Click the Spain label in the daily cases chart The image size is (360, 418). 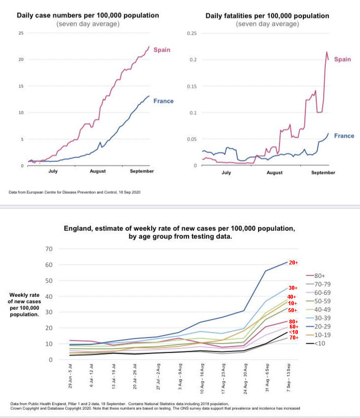point(162,50)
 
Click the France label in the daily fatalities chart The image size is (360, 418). point(344,136)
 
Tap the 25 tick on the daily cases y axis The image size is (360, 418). point(21,33)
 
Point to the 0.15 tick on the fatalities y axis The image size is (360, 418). point(192,86)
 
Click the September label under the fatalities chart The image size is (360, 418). point(323,172)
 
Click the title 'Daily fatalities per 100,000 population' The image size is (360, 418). point(267,16)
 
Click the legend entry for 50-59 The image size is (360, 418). point(325,302)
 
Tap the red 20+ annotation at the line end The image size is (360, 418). point(293,262)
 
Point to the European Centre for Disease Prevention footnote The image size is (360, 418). point(75,191)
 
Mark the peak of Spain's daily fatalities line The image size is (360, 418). point(327,52)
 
